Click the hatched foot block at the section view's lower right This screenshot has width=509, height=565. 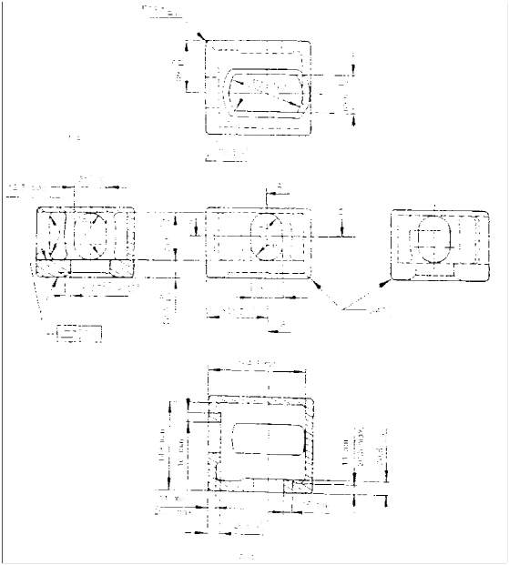tap(296, 488)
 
